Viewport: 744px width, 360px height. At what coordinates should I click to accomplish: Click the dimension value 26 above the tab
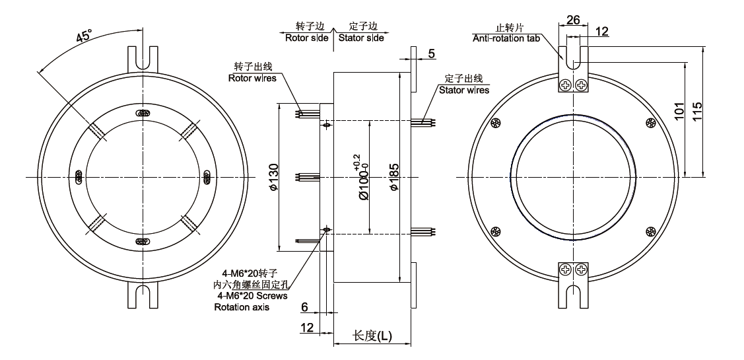[573, 20]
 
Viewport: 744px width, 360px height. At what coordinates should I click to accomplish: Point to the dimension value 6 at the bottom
[304, 308]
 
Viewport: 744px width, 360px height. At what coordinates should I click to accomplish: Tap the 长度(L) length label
[372, 336]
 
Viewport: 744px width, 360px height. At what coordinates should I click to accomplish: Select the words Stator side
[361, 38]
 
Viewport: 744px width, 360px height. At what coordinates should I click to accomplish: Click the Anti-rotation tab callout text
[506, 38]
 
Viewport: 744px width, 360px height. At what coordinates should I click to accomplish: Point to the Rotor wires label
[248, 78]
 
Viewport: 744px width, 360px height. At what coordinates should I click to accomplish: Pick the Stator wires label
[463, 90]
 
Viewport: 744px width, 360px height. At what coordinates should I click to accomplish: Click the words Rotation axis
[242, 307]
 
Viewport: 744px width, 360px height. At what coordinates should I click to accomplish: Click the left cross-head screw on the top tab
[566, 85]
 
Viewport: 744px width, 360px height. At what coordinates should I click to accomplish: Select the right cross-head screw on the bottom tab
[582, 269]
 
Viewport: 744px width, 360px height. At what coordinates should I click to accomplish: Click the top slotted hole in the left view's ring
[141, 113]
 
